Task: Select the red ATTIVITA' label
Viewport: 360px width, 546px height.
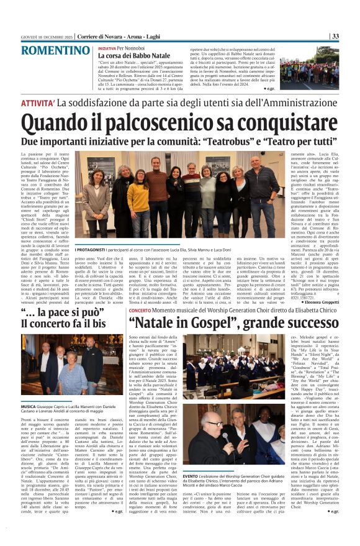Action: pyautogui.click(x=57, y=102)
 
